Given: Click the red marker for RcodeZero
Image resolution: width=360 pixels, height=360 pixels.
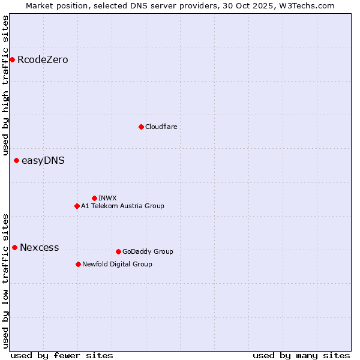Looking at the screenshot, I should [12, 59].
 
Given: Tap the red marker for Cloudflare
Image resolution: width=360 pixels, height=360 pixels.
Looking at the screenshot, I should [141, 127].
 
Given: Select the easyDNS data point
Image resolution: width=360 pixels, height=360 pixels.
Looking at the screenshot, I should [16, 160].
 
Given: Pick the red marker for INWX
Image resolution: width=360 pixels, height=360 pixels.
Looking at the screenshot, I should [94, 198].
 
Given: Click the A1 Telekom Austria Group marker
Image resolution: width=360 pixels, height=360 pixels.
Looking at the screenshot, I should [77, 206].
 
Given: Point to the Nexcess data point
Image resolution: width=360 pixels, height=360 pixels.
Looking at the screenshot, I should [14, 247].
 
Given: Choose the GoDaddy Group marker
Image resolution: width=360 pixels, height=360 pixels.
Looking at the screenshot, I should [118, 251].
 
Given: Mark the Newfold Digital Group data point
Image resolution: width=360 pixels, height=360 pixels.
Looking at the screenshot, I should [78, 264].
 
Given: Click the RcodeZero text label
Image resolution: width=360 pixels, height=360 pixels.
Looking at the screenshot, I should [43, 59].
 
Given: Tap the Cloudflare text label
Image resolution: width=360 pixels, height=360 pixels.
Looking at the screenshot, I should [161, 127].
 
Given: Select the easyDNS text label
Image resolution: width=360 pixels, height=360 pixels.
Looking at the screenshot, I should [43, 160].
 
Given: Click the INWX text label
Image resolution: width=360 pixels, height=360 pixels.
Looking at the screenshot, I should [107, 198].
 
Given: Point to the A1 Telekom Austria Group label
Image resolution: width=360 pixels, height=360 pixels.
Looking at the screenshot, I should [122, 206].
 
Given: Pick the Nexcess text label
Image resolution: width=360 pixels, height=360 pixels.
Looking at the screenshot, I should [40, 247].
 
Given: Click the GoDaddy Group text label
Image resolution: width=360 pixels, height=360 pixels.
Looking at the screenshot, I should [148, 251].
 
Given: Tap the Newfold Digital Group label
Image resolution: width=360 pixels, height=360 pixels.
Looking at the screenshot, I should [117, 264].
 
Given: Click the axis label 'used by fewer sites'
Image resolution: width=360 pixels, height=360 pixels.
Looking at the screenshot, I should [62, 355].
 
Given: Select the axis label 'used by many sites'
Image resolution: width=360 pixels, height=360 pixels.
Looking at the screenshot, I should [301, 355].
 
